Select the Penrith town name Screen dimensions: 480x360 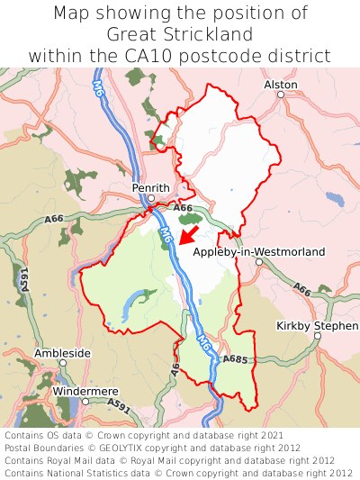pos(150,186)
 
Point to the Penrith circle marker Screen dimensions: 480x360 pos(152,198)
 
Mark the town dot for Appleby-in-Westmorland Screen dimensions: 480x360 pos(258,262)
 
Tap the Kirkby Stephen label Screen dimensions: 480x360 pos(317,325)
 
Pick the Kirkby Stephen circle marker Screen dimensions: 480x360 pos(318,336)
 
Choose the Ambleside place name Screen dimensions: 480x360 pos(62,353)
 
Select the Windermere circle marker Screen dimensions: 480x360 pos(85,402)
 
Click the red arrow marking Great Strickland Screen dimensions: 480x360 pos(188,235)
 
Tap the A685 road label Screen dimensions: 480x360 pos(235,359)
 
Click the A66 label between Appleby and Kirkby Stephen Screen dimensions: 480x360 pos(301,290)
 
